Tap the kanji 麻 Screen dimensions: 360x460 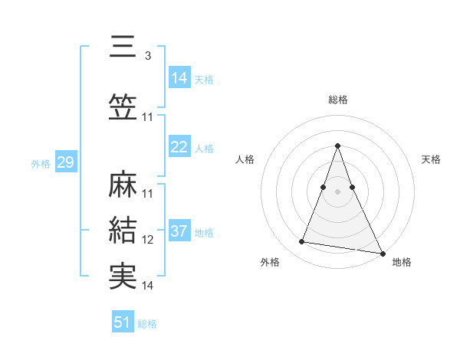point(123,185)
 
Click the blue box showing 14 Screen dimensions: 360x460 point(179,77)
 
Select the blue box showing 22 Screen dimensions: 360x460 point(179,147)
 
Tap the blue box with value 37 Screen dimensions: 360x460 point(179,231)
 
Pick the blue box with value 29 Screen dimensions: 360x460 point(65,162)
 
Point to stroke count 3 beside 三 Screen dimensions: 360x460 point(147,56)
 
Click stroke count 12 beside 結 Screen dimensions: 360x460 point(148,240)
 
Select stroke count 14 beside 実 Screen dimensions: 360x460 point(148,285)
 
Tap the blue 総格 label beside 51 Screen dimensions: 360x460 point(147,324)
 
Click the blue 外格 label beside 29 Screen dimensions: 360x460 point(40,164)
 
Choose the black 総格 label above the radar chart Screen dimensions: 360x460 point(337,100)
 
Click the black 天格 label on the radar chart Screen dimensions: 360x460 point(431,159)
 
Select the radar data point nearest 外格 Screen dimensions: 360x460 point(302,242)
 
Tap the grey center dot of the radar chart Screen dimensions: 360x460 point(337,191)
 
